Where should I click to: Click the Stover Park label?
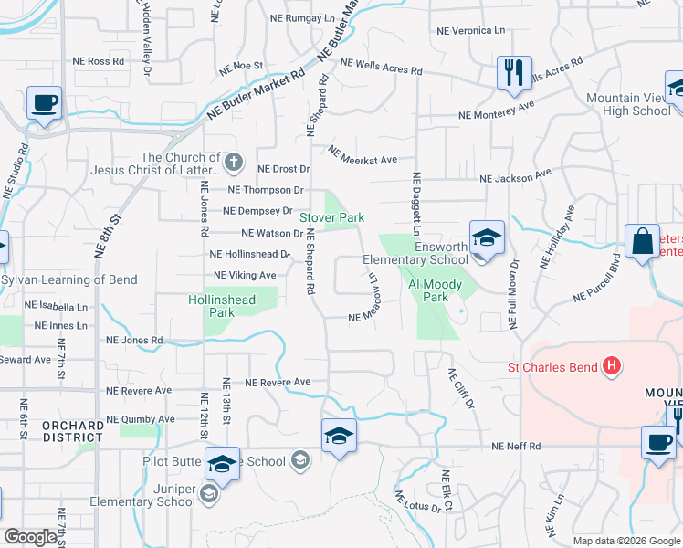333,217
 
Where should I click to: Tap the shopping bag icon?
643,241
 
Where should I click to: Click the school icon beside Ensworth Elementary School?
488,239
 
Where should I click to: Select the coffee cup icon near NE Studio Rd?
44,102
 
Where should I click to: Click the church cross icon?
234,163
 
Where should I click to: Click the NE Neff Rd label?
516,447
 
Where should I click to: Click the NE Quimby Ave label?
141,419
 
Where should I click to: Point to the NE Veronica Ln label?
470,30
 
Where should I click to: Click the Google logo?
30,537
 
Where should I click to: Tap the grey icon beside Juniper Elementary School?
209,494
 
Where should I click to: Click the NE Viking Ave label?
244,275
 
